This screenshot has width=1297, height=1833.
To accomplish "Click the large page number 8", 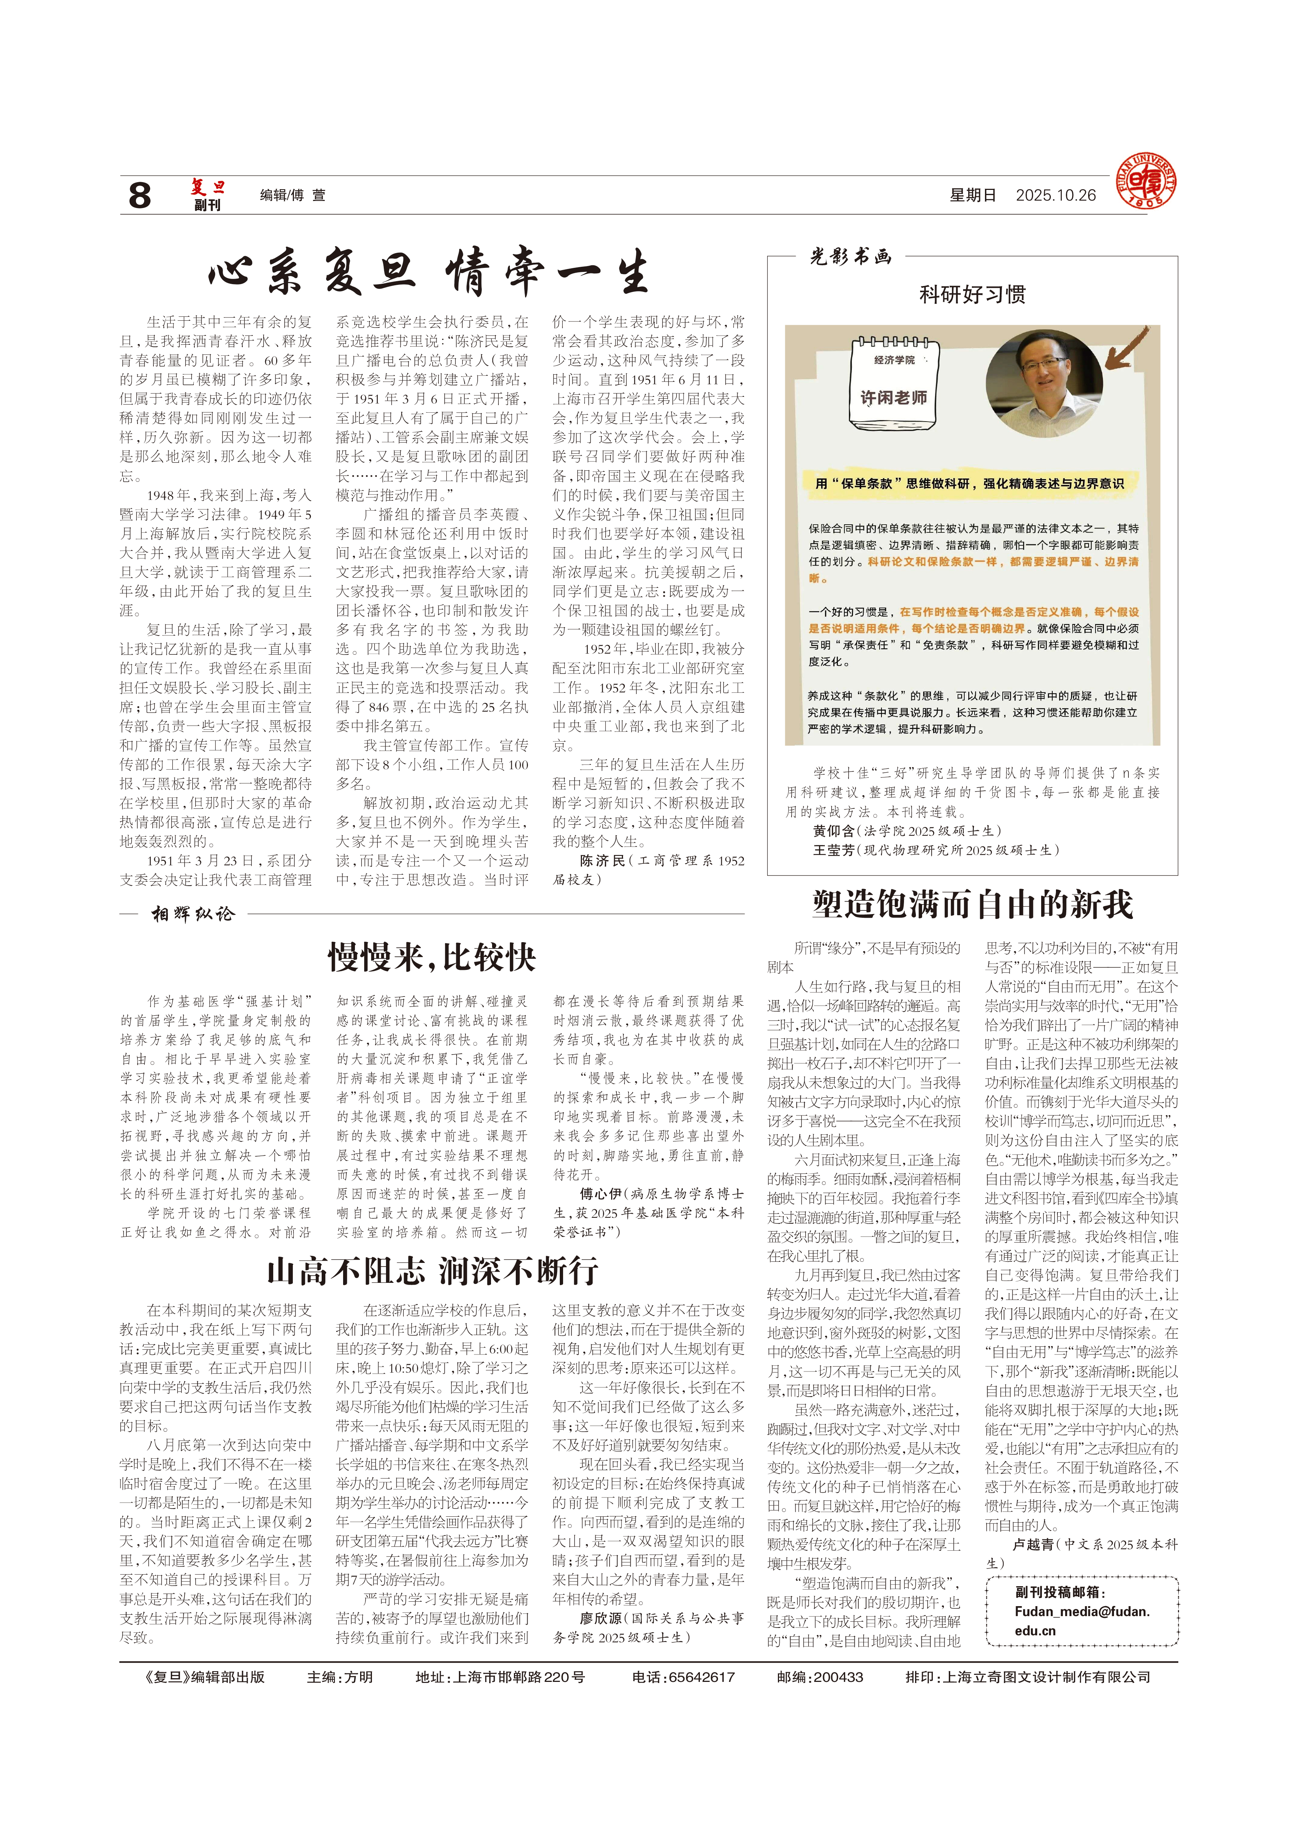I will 140,195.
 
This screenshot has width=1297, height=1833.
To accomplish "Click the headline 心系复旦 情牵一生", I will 429,272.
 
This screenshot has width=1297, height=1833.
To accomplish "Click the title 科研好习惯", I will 972,294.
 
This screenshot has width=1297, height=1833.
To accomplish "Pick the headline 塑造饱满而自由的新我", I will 972,904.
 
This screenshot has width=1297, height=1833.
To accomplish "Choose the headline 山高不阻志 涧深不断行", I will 432,1270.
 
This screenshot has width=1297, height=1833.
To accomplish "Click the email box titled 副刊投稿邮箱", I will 1082,1611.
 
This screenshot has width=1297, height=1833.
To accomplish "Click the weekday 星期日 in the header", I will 972,195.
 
